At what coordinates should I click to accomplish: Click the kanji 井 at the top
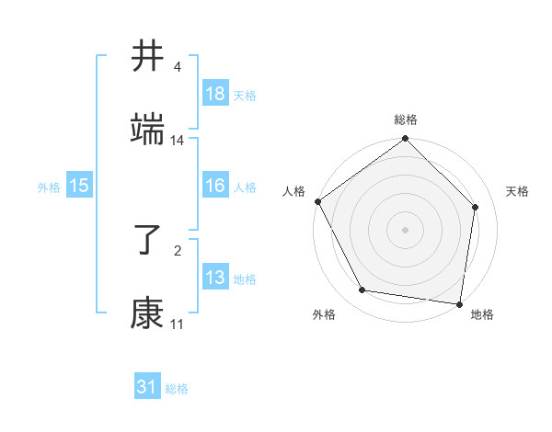tap(147, 56)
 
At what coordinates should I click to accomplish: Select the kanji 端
tap(147, 130)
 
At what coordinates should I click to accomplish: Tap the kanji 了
tap(147, 240)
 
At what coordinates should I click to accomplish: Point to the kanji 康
tap(147, 313)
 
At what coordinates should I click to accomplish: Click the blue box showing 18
tap(215, 94)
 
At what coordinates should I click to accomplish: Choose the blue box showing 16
tap(215, 186)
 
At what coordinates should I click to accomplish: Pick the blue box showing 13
tap(215, 278)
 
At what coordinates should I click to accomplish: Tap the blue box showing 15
tap(79, 186)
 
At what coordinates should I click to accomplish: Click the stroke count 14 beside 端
tap(178, 141)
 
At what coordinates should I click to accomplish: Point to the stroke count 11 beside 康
tap(178, 324)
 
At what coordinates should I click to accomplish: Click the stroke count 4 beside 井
tap(178, 67)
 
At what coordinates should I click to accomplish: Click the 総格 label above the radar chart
tap(406, 119)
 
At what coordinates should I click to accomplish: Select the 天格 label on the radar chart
tap(518, 191)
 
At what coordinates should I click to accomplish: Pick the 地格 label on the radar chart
tap(482, 314)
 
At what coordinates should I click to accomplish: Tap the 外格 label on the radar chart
tap(324, 314)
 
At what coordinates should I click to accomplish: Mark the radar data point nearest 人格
tap(318, 201)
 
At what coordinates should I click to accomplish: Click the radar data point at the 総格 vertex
tap(406, 140)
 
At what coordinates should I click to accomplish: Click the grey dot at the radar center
tap(406, 229)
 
